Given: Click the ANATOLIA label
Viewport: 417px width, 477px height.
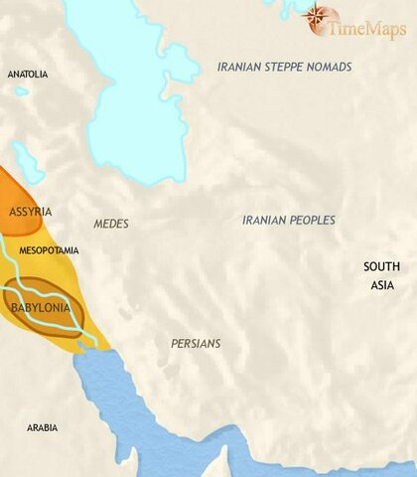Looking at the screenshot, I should (27, 75).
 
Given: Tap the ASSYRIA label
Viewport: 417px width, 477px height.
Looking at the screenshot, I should (30, 213).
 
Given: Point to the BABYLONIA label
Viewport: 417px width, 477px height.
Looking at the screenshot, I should (40, 309).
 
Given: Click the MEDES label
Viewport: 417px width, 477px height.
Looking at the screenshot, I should (111, 224).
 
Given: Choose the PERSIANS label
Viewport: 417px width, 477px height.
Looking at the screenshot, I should (195, 343).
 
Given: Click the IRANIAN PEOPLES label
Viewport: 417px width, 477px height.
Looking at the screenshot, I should (289, 220).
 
